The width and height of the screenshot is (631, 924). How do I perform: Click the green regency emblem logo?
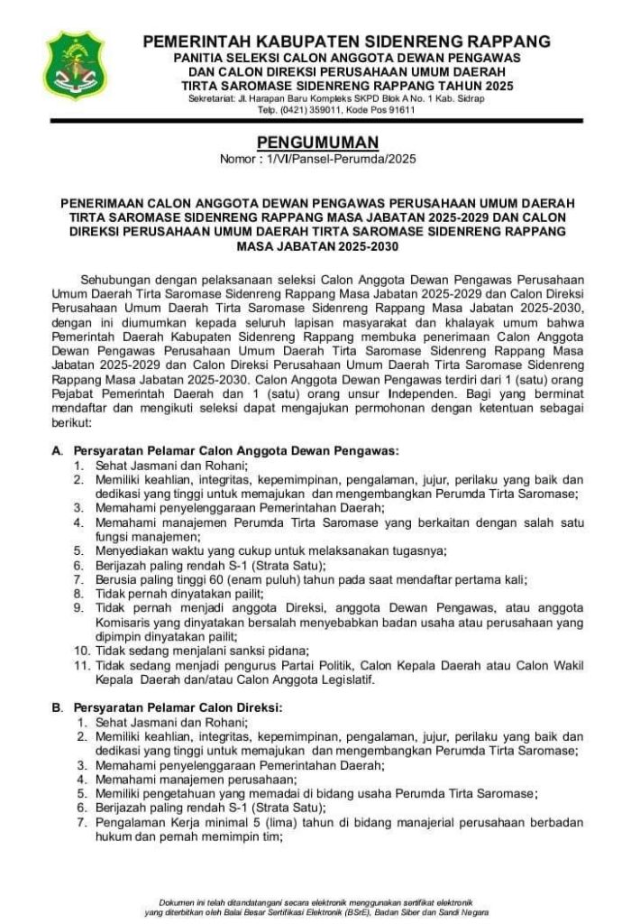tap(75, 66)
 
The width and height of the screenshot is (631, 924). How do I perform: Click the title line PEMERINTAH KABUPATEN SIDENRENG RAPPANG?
tap(347, 42)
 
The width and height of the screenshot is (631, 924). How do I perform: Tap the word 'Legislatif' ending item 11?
tap(340, 679)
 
